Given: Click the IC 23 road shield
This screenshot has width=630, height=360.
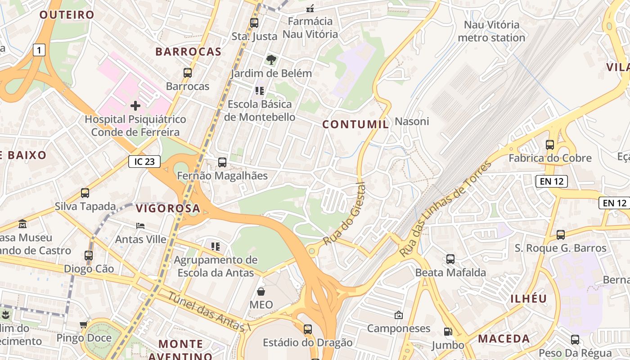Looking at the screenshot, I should (144, 162).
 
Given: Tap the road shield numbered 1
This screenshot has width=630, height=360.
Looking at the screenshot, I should (39, 50).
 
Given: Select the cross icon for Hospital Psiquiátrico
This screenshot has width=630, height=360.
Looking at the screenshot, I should (135, 106).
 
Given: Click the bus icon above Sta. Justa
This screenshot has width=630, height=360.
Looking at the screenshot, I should (254, 23).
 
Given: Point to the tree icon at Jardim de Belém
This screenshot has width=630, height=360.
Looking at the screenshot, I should (271, 60).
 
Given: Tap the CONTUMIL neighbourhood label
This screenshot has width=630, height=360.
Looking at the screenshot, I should (355, 125).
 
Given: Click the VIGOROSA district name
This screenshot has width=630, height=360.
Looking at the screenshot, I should (168, 208).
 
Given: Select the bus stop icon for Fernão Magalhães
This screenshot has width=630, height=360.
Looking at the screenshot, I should (222, 162).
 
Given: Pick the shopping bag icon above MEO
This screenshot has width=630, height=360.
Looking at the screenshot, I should (261, 292).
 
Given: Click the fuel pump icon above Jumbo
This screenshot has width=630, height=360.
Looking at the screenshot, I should (448, 332).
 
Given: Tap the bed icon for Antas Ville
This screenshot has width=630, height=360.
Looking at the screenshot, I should (140, 226).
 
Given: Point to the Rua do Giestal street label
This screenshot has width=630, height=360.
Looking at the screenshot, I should (344, 214).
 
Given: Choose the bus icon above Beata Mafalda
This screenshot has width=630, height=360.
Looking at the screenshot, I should (450, 259).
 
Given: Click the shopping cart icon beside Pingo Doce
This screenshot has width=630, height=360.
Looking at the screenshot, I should (83, 324).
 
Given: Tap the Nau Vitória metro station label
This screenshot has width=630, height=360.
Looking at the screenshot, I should (491, 31).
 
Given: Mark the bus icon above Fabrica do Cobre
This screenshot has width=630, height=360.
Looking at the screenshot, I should (550, 145).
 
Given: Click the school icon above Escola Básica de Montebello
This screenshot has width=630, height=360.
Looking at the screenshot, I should (260, 91).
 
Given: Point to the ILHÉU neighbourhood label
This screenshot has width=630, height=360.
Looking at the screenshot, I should (529, 299).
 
